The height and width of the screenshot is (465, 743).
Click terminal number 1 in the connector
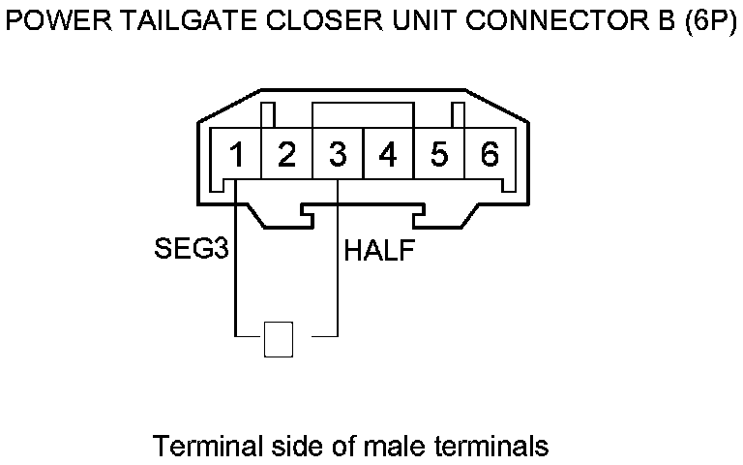click(x=236, y=155)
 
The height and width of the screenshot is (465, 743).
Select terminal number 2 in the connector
click(x=286, y=155)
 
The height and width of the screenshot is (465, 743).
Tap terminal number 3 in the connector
click(x=338, y=155)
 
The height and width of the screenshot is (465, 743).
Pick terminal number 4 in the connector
click(x=388, y=155)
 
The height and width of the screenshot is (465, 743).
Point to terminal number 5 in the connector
click(x=439, y=155)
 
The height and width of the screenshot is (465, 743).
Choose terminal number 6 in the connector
click(x=490, y=155)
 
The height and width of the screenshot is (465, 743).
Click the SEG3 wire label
click(x=191, y=251)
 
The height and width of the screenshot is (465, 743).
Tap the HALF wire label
click(x=380, y=252)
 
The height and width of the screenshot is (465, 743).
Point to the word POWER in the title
click(x=49, y=20)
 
